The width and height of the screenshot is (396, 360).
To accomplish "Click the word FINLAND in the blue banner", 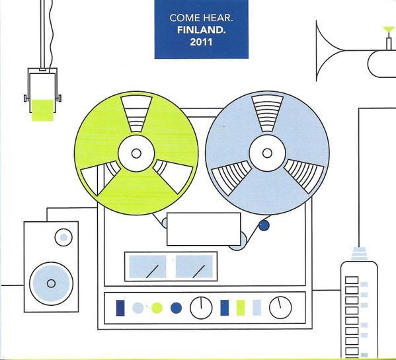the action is (x=200, y=30).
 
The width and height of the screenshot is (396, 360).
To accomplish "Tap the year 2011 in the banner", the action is (x=201, y=42).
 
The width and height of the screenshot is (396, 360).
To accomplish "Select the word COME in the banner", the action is (x=185, y=18).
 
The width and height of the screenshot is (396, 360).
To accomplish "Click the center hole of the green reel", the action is (x=136, y=153).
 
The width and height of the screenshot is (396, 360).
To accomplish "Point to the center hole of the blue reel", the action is (x=267, y=153).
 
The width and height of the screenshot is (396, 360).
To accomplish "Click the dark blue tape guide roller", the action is (x=264, y=225).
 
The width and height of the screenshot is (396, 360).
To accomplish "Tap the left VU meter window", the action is (x=147, y=266).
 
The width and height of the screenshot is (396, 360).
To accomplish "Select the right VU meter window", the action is (x=194, y=266).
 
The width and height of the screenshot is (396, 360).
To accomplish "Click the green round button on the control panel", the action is (x=157, y=308).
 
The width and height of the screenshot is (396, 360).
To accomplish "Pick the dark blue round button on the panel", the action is (x=177, y=308).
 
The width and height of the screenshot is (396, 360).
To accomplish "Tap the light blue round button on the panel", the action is (x=138, y=308).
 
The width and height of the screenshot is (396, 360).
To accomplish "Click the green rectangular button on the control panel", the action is (x=241, y=308).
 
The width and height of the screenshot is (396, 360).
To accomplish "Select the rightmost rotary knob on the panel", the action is (x=280, y=308).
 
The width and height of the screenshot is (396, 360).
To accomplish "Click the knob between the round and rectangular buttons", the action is (x=201, y=308).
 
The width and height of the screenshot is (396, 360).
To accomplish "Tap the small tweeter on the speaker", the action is (x=63, y=237).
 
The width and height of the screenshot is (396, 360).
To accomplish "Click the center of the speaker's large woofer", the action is (x=52, y=283).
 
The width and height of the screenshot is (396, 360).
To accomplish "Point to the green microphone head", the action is (x=42, y=110).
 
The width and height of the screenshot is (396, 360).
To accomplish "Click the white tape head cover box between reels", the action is (x=204, y=229).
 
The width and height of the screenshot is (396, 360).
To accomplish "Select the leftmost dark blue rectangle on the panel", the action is (x=120, y=308).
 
